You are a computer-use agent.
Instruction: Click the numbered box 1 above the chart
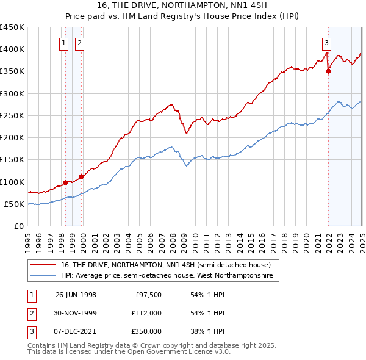pos(63,43)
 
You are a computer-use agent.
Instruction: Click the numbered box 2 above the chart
pos(80,43)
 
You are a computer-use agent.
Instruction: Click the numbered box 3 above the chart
pos(327,43)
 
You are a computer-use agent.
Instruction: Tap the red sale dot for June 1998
pos(65,182)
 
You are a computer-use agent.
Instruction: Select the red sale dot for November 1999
pos(81,176)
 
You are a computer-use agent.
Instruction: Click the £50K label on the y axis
pos(15,204)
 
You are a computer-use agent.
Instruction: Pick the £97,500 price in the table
pos(148,295)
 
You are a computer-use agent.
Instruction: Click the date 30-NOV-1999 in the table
pos(76,313)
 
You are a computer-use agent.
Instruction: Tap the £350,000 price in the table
pos(147,331)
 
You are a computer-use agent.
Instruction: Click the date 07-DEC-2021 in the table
pos(76,331)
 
